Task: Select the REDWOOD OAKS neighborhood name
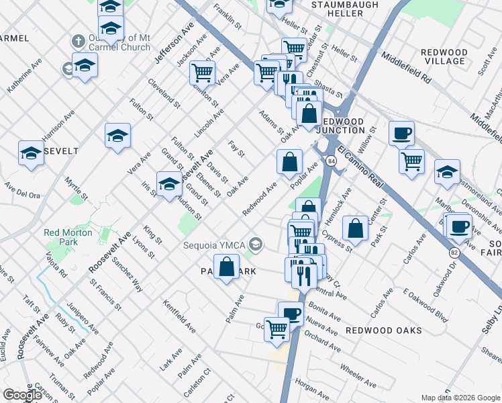[x=384, y=330]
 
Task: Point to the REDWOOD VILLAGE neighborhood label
[x=444, y=56]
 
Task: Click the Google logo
[x=22, y=395]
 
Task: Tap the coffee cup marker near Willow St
[x=402, y=133]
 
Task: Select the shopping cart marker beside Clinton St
[x=202, y=72]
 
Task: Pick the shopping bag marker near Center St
[x=355, y=228]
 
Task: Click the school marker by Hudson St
[x=169, y=183]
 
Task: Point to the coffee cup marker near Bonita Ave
[x=291, y=313]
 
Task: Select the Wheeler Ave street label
[x=358, y=375]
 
